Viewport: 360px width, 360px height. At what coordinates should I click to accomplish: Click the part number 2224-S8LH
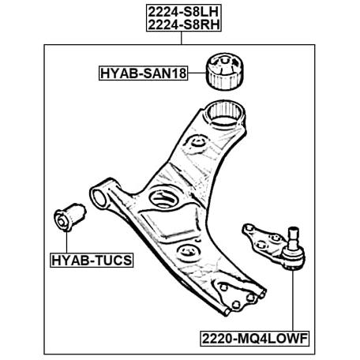183,12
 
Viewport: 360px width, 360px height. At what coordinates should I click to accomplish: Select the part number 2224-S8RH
183,24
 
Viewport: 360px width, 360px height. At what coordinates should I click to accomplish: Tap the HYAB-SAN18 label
144,73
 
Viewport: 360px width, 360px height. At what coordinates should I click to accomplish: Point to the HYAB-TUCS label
92,261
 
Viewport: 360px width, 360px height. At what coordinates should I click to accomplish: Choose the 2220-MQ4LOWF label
254,339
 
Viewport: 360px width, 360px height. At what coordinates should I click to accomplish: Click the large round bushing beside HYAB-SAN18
224,71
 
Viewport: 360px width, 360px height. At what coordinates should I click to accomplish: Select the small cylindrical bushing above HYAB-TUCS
69,217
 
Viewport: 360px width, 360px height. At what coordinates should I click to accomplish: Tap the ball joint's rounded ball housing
293,258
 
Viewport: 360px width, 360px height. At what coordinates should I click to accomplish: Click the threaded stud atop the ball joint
293,238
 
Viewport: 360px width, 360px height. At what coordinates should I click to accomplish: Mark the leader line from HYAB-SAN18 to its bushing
197,73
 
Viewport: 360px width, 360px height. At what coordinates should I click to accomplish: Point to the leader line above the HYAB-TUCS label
66,242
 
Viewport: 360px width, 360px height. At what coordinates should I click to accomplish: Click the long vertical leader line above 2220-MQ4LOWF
292,301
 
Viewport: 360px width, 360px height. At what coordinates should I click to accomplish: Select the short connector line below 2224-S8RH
181,38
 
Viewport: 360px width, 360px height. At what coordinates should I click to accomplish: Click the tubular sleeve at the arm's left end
99,196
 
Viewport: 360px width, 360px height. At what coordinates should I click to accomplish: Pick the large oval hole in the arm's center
163,198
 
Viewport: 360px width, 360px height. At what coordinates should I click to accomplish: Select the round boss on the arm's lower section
187,252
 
